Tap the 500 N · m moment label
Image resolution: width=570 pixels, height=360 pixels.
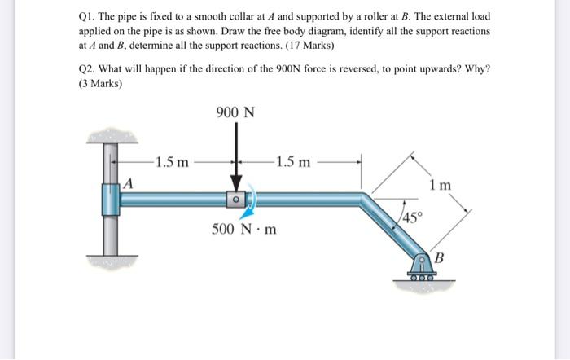point(243,229)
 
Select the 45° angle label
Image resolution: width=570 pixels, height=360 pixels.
point(414,217)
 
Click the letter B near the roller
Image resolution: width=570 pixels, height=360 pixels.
point(438,259)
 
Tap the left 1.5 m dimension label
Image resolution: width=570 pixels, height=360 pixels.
point(172,162)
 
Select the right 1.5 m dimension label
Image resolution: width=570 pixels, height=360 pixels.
point(292,162)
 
